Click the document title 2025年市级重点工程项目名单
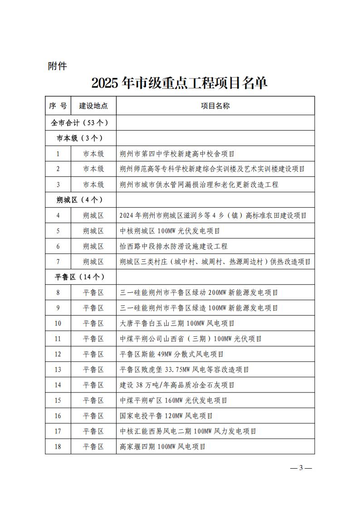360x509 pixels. (x=180, y=82)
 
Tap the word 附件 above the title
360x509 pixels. (x=58, y=66)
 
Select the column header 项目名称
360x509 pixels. (x=215, y=106)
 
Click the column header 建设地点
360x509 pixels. (x=93, y=106)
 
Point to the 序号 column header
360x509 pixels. (x=58, y=106)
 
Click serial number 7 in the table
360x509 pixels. (x=58, y=262)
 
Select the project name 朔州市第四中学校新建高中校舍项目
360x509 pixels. (x=177, y=154)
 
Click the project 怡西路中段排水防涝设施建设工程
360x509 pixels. (x=174, y=246)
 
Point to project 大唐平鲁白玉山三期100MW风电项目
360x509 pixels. (x=177, y=323)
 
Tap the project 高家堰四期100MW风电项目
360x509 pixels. (x=163, y=446)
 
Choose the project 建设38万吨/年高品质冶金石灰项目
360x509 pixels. (x=177, y=385)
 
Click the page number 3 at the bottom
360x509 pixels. (x=301, y=468)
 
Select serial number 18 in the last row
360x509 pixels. (x=58, y=446)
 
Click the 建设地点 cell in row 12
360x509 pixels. (x=93, y=354)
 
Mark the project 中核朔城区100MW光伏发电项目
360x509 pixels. (x=170, y=231)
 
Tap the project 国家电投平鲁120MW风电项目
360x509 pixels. (x=166, y=416)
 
